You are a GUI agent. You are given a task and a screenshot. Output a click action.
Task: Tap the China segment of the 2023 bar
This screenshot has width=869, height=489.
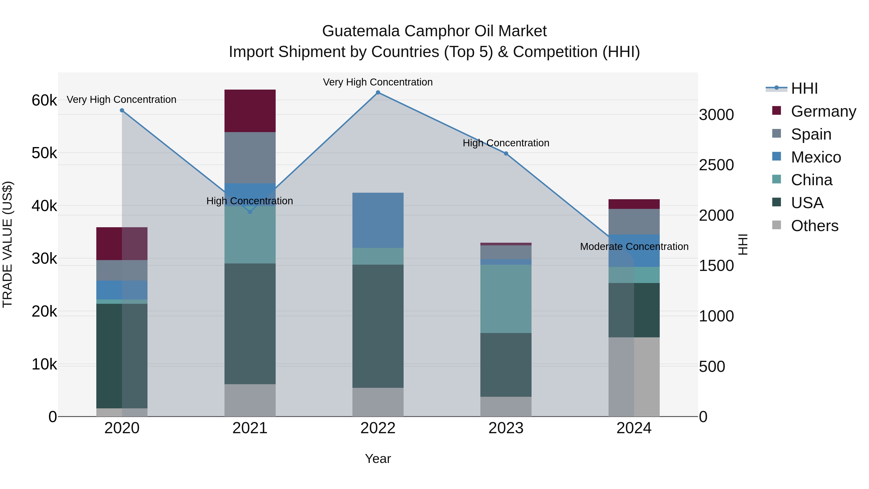click(x=506, y=299)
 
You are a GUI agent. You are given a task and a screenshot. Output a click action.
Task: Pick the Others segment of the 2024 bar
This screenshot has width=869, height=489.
click(x=634, y=377)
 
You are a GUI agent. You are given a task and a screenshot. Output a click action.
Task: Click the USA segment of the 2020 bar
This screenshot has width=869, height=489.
click(x=122, y=356)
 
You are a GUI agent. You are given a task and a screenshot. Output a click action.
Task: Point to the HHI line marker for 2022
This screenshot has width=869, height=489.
click(x=378, y=92)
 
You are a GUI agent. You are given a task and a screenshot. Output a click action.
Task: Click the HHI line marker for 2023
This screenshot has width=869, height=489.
click(x=506, y=154)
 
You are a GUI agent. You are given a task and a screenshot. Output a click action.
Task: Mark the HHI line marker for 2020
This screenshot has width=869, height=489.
click(x=122, y=110)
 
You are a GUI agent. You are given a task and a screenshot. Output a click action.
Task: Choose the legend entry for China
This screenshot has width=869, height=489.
click(x=811, y=180)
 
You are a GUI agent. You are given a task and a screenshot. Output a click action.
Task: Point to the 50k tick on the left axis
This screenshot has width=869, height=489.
click(x=44, y=153)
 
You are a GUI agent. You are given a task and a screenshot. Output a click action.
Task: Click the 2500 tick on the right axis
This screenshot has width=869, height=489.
click(x=716, y=165)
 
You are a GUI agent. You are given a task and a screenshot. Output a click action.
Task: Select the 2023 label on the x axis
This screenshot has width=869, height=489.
click(x=506, y=428)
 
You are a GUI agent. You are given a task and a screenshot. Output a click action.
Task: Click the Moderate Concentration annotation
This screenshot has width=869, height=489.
click(x=634, y=247)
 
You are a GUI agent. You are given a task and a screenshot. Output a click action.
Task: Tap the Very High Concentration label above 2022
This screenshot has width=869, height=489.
click(x=378, y=82)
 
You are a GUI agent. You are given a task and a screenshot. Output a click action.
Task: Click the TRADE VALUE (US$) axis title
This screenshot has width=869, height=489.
click(x=8, y=244)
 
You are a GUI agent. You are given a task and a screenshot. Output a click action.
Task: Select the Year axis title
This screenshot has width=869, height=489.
click(x=378, y=459)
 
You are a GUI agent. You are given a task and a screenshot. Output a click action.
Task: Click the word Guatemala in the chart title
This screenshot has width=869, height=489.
click(x=361, y=31)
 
